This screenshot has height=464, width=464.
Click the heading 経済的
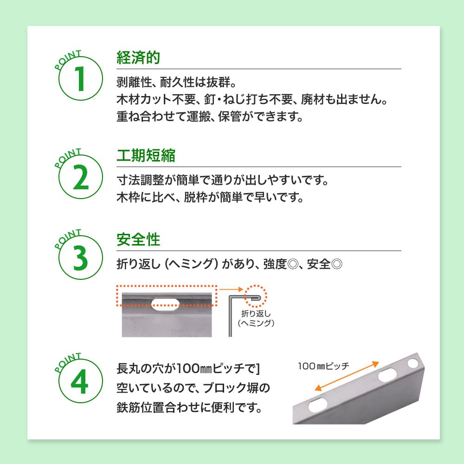coord(138,58)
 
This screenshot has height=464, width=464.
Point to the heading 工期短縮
coord(145,156)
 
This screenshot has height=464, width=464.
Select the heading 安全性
coord(138,240)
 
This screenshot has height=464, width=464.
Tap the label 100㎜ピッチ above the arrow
coord(323,365)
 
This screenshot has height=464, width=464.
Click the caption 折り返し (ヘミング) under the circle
coord(256,318)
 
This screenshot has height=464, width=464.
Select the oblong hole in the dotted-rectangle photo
coord(166,303)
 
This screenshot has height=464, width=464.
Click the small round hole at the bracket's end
coord(412,362)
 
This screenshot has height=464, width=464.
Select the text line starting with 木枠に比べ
coord(210,198)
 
